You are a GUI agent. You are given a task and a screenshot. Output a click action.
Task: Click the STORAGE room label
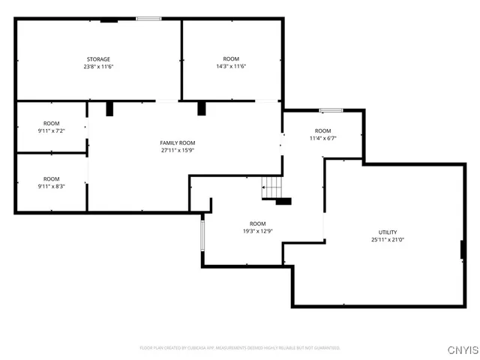coord(98,59)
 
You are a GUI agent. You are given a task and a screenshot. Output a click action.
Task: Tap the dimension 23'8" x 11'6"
coord(98,67)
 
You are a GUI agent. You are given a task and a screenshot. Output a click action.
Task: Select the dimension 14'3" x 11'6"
coord(231,67)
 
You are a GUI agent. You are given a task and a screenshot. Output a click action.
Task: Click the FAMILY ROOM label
coord(178,142)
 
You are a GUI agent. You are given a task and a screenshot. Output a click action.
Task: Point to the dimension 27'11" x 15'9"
coord(178,150)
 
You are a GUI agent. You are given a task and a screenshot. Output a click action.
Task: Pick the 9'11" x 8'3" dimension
coord(51,186)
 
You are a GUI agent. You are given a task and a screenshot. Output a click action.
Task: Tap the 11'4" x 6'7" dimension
coord(322,138)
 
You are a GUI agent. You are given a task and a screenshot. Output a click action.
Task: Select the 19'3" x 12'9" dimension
coord(257,231)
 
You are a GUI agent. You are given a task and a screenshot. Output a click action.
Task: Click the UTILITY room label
coord(388,232)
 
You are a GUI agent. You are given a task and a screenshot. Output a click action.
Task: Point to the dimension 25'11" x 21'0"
coord(388,240)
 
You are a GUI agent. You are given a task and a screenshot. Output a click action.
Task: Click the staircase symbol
coord(271,187)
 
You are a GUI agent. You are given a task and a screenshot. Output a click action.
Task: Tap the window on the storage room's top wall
coord(148,19)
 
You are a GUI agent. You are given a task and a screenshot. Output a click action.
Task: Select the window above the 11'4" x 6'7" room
coord(331,110)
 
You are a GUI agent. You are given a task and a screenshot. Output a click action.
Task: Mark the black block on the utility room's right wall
coord(463,250)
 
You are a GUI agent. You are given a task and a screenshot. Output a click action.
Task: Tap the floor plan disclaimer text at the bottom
coord(240,348)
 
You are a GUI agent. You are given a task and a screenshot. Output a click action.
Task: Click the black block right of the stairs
coord(283,201)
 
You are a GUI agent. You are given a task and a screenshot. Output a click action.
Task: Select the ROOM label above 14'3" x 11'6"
coord(231,59)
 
